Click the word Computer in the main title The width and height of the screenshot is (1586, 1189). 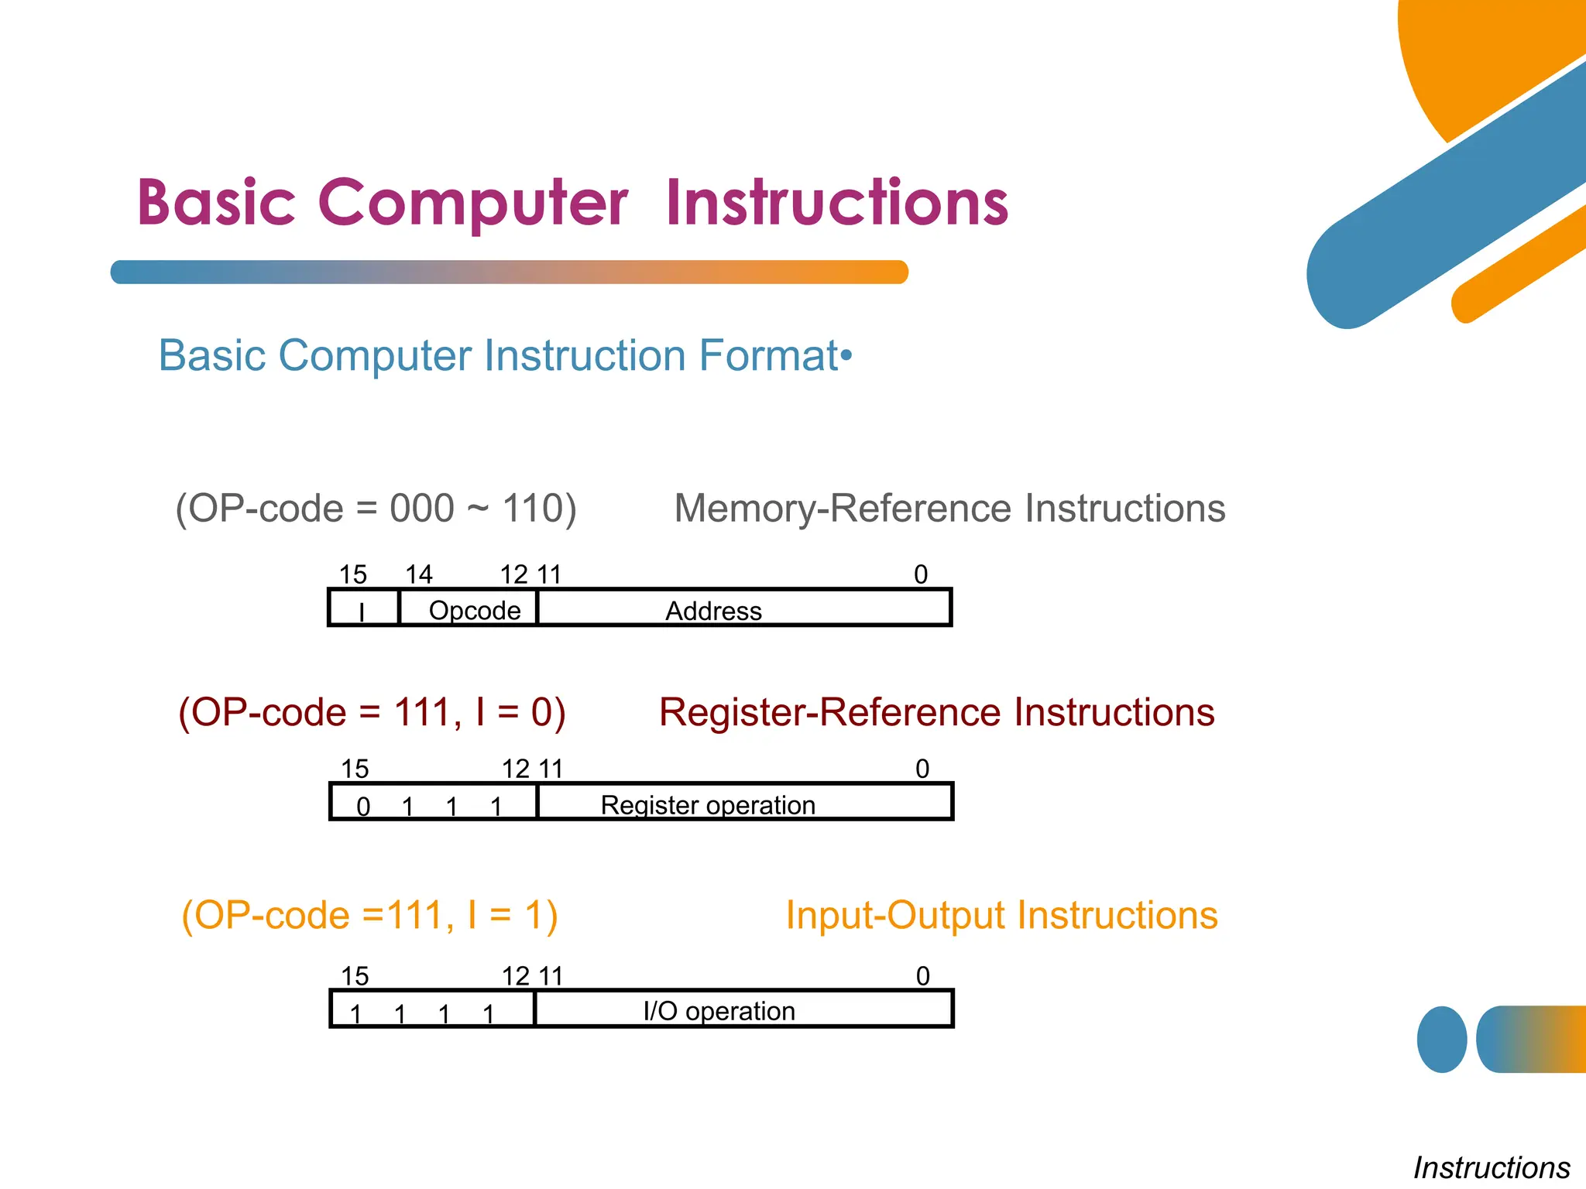(x=472, y=203)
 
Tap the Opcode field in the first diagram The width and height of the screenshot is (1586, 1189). (x=474, y=610)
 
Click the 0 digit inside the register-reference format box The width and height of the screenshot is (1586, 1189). (x=363, y=807)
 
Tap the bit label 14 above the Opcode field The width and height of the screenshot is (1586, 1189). (x=419, y=574)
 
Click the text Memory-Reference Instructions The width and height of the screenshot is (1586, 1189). (x=949, y=509)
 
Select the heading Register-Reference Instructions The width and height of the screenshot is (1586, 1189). (x=936, y=712)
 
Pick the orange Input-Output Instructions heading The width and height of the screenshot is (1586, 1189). (x=1001, y=915)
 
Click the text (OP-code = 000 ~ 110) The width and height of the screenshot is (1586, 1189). (x=376, y=509)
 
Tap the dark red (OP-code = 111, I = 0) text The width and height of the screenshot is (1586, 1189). (x=372, y=712)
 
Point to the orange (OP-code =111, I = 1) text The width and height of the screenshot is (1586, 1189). (x=370, y=915)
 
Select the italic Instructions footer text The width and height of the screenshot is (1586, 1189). (x=1491, y=1167)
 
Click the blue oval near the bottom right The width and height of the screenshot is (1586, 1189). (x=1441, y=1040)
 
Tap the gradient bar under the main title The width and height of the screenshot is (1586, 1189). (x=509, y=272)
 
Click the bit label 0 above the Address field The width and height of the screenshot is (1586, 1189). (x=921, y=574)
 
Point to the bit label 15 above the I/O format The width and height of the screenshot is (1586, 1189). (x=355, y=976)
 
